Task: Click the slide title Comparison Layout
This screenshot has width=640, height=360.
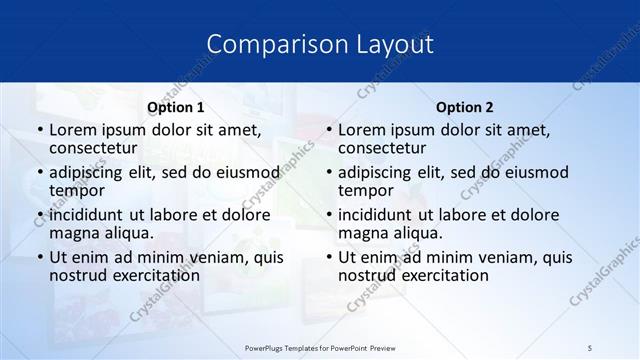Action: [320, 44]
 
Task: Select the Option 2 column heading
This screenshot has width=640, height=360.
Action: [464, 107]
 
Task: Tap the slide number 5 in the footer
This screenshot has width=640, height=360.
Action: [590, 347]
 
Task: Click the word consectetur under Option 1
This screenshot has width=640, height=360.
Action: [96, 148]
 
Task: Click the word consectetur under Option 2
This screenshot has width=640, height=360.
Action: [385, 148]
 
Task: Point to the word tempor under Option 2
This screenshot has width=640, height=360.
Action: [365, 190]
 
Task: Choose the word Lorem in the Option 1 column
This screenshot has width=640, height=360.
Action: [72, 130]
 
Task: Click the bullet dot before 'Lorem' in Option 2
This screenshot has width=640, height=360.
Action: [328, 131]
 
